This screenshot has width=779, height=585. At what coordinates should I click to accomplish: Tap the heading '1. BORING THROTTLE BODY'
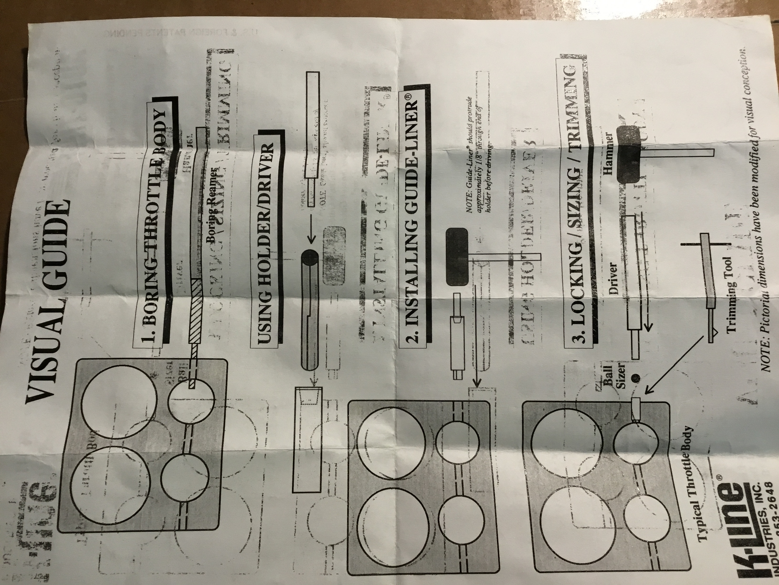point(155,226)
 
